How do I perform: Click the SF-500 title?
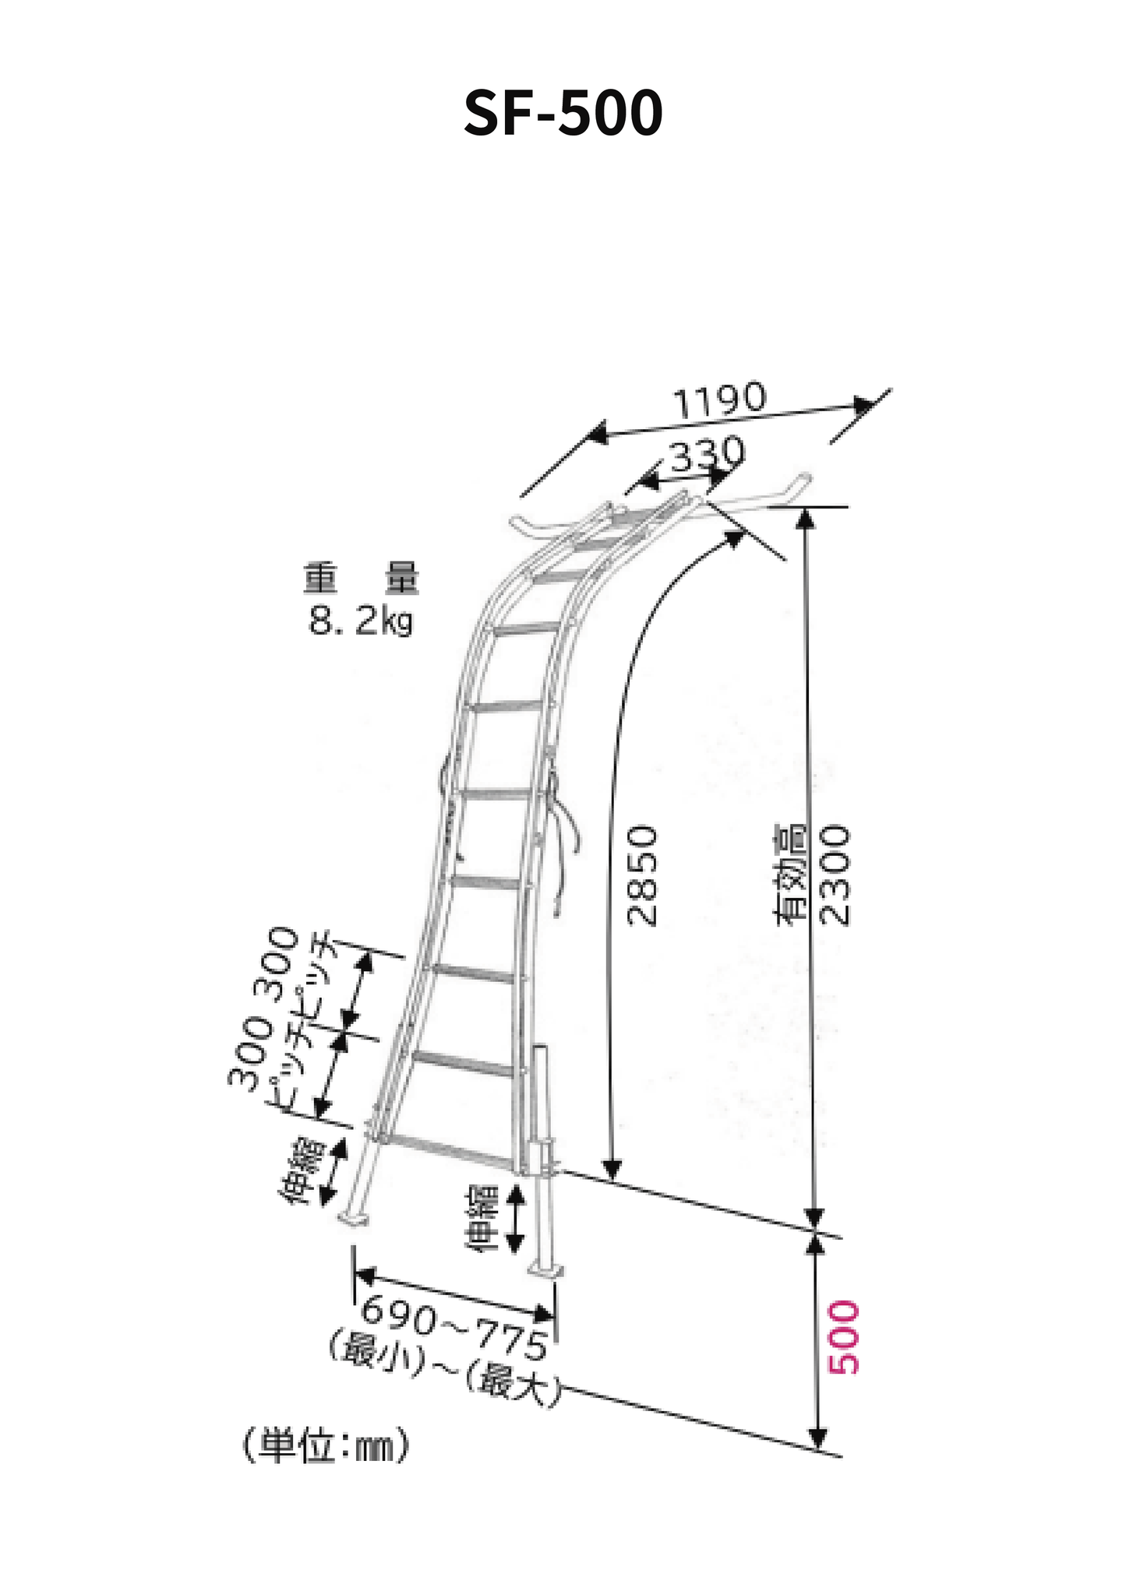point(563,113)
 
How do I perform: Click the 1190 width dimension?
point(719,400)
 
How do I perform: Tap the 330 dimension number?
point(707,455)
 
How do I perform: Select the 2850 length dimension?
point(643,875)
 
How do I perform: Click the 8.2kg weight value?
point(361,621)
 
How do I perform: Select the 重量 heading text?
point(361,579)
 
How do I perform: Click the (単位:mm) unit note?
point(326,1446)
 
